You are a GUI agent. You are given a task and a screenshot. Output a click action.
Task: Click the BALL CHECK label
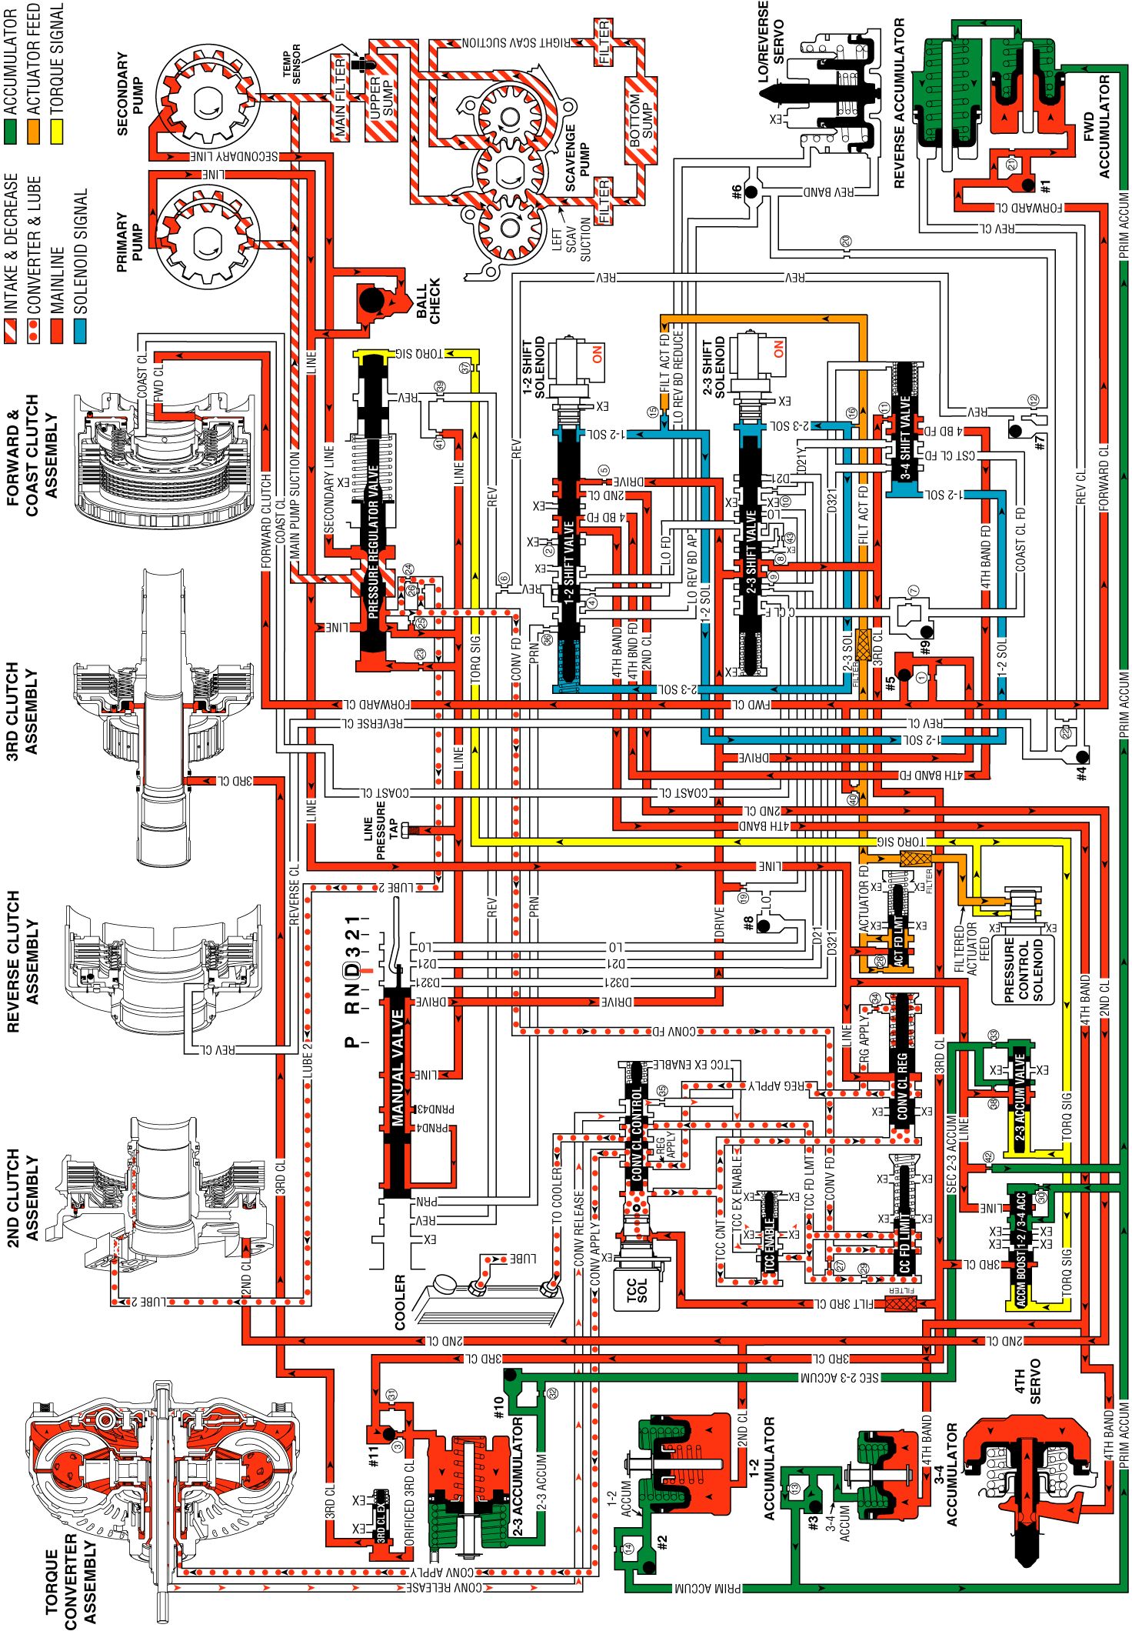428,301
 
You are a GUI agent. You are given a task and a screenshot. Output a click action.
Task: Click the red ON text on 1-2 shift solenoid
598,355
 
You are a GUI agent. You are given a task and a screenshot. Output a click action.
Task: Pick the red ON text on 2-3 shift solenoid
778,349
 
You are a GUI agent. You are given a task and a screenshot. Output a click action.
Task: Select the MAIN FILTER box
341,97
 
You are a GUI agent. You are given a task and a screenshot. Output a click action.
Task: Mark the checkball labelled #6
751,191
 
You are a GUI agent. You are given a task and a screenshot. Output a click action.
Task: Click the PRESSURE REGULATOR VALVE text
374,542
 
